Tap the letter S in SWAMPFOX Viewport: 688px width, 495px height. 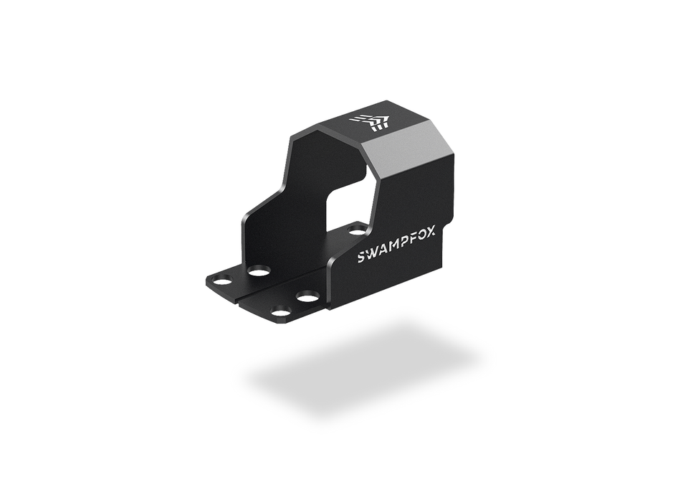362,257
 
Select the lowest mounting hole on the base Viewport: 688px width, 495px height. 281,311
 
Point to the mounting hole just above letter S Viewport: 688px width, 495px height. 357,230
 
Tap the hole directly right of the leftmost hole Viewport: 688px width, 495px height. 259,271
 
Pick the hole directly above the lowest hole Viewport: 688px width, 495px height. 307,296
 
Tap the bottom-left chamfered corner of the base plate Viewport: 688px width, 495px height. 209,286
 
